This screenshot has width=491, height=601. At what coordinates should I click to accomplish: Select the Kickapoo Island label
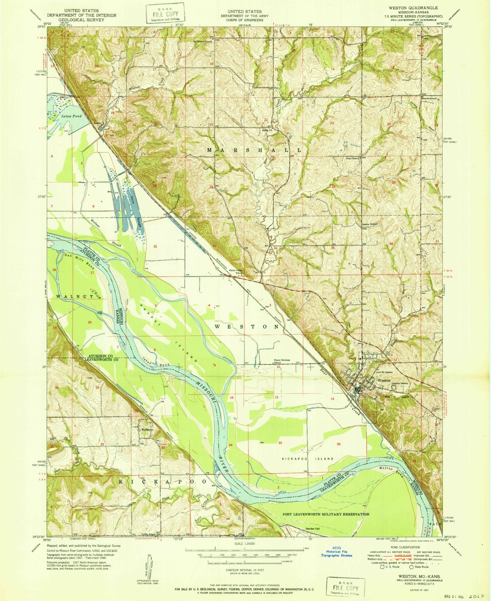308,459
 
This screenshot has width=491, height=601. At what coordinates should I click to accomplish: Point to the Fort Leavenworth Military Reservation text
326,514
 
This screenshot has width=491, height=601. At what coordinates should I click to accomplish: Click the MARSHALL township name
254,150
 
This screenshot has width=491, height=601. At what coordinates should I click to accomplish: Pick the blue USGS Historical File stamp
337,553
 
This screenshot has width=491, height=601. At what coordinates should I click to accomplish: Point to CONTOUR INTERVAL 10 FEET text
245,570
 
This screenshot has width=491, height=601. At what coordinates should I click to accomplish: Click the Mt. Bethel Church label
203,42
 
